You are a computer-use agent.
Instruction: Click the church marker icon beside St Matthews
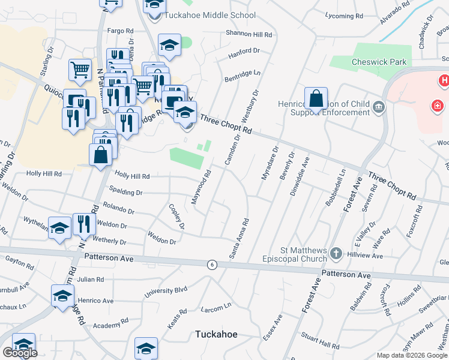pos(336,254)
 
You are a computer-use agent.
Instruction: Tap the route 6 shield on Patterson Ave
pos(211,264)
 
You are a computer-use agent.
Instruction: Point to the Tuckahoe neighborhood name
pos(217,334)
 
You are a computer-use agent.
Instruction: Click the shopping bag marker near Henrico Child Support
pos(315,98)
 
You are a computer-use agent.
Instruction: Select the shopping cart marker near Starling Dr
pos(80,71)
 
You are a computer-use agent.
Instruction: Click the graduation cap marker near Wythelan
pos(59,228)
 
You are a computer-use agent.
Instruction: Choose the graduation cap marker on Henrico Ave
pos(62,296)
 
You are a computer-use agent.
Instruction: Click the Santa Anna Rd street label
pos(238,239)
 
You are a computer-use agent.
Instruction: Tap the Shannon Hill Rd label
pos(249,34)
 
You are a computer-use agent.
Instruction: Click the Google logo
pos(20,353)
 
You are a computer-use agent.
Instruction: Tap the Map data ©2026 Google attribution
pos(412,355)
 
